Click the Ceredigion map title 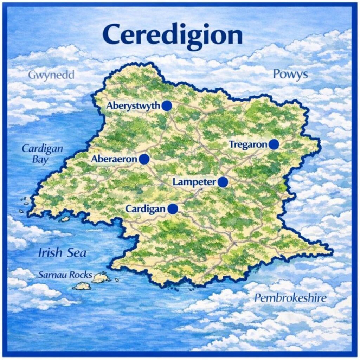[172, 35]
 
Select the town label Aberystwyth [134, 106]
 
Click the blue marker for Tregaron [274, 144]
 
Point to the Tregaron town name [248, 144]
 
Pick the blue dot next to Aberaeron [144, 159]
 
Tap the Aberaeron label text [114, 159]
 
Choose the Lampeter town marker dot [223, 182]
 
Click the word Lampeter [194, 182]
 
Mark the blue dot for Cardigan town [173, 209]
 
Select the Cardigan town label [145, 209]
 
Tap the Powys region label [290, 74]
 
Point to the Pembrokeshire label [290, 298]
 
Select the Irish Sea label [62, 253]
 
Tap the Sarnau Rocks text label [65, 275]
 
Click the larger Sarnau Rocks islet [101, 278]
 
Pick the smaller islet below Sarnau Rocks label [82, 286]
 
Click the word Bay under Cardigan [40, 160]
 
